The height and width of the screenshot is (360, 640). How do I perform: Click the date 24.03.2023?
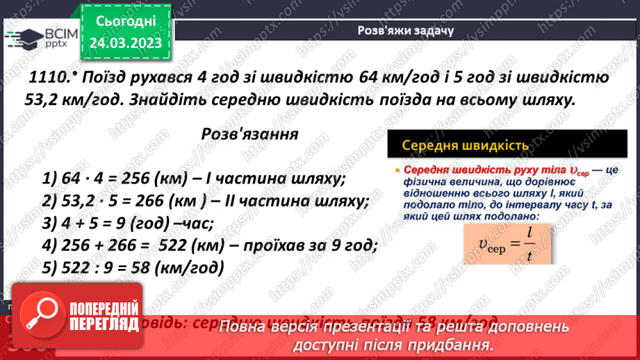click(x=126, y=43)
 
